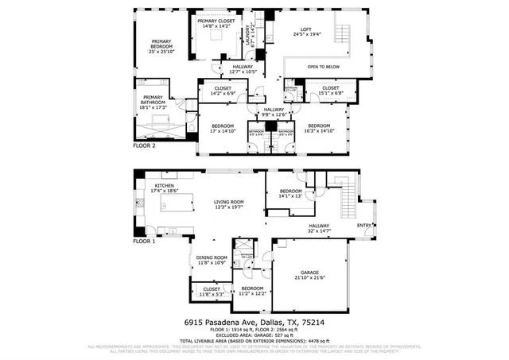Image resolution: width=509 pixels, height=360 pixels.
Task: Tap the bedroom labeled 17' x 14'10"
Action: (x=223, y=128)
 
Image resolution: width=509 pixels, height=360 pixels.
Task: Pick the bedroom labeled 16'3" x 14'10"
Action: (x=320, y=128)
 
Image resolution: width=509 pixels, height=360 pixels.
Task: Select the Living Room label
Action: (x=228, y=204)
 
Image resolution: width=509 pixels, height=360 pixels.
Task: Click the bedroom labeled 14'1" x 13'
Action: (x=290, y=193)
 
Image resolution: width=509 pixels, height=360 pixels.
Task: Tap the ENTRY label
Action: (x=364, y=225)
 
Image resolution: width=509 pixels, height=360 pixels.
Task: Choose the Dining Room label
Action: (x=212, y=260)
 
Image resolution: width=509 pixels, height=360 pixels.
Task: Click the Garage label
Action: (x=309, y=274)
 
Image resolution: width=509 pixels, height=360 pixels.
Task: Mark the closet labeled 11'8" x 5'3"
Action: (x=211, y=291)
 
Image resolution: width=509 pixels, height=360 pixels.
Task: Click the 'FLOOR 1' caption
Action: (x=144, y=240)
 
